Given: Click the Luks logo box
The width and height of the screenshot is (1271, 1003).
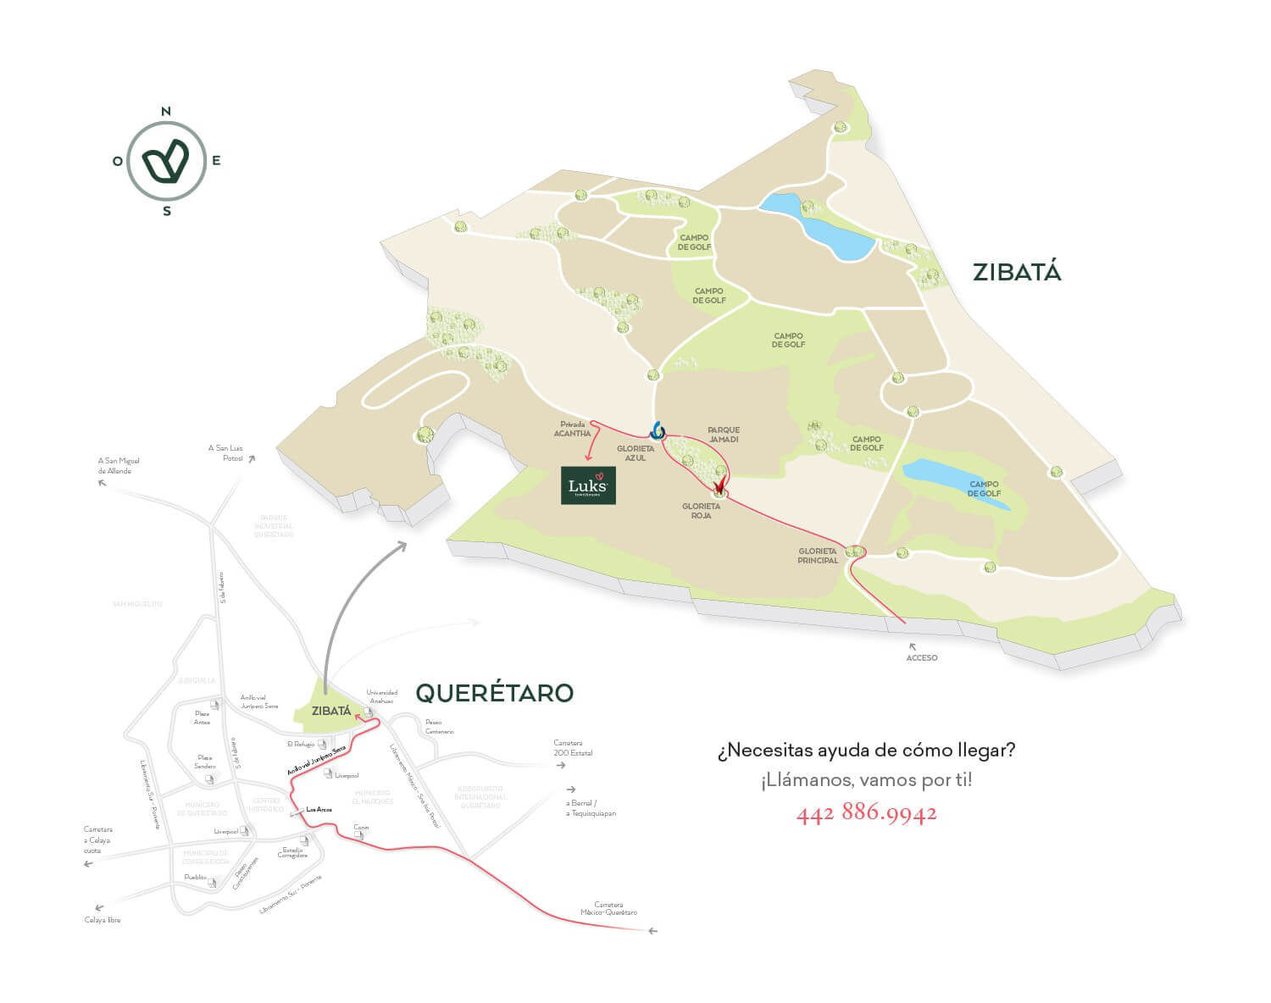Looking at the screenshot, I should pos(588,485).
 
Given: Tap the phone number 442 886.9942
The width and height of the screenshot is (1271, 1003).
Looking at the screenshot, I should pos(866,814).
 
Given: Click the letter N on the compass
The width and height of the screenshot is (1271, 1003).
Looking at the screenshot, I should pos(166,112).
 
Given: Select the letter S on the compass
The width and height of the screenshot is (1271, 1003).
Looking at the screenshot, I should pos(167,211).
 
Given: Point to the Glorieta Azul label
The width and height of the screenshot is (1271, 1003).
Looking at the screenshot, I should pos(635,453).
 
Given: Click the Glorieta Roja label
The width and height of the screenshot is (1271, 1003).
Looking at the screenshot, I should pos(701,510).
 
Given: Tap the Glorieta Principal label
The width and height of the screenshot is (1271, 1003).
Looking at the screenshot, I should pos(818,556).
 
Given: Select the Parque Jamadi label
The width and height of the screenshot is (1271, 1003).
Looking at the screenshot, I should pos(724,435).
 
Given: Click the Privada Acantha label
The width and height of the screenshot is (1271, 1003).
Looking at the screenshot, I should pos(572,429).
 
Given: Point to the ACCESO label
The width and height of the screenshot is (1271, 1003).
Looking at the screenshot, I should pos(922,657).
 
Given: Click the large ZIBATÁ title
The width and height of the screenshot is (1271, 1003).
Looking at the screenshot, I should pos(1017,272).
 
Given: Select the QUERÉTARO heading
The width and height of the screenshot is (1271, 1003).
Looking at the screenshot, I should pos(494,693).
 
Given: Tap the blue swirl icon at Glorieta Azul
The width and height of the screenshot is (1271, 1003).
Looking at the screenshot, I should pos(658,430).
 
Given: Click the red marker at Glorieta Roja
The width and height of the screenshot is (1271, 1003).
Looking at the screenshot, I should pos(719,485).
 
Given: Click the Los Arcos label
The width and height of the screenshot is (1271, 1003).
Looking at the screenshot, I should pos(319,810).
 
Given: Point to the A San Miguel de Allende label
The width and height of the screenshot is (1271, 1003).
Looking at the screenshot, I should pos(119,466).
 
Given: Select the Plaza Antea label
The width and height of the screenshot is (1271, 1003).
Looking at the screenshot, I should pos(202,718).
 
